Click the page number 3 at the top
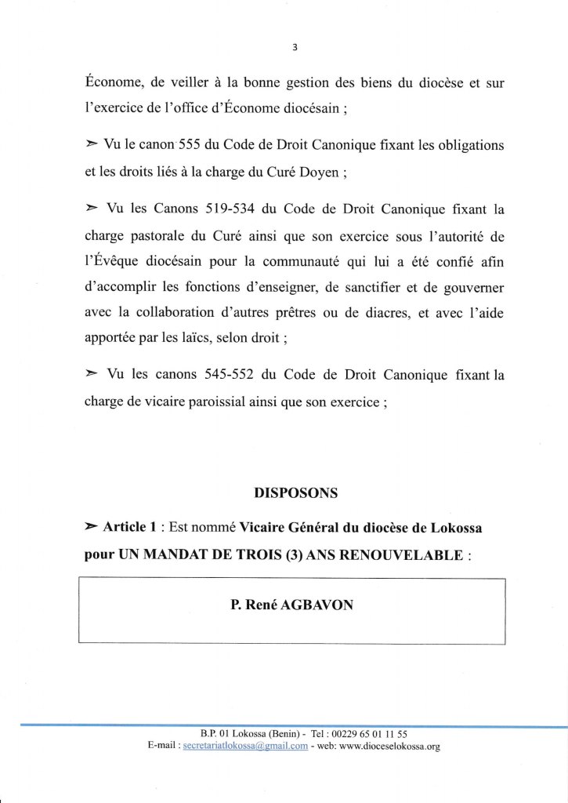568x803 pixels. click(294, 45)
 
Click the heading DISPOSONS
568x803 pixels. click(295, 493)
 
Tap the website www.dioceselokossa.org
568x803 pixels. click(382, 747)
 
